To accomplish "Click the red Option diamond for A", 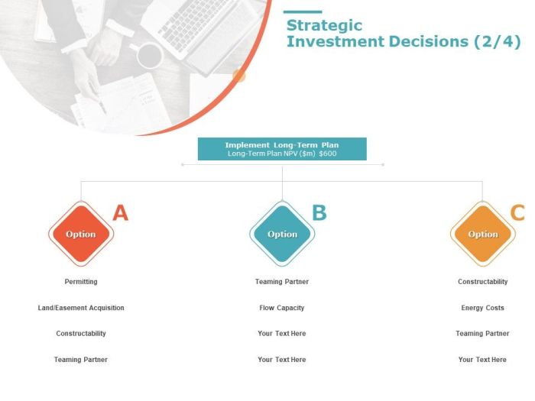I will (81, 234).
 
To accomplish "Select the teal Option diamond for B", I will (282, 234).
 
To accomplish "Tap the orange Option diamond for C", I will (483, 234).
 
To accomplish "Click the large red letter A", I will (120, 213).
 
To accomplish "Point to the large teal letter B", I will (319, 213).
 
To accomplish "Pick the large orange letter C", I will (517, 213).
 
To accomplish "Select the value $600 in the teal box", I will (328, 154).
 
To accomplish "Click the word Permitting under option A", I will (81, 282).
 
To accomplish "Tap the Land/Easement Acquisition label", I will (81, 308).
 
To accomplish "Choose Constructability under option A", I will (81, 334).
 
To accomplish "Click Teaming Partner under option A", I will (81, 360).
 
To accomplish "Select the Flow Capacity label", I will (282, 308).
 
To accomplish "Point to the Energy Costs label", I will (483, 308).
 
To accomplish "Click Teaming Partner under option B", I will (282, 282).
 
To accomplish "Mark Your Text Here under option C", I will (483, 360).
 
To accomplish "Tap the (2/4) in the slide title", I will (495, 42).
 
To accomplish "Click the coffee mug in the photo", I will (149, 55).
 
